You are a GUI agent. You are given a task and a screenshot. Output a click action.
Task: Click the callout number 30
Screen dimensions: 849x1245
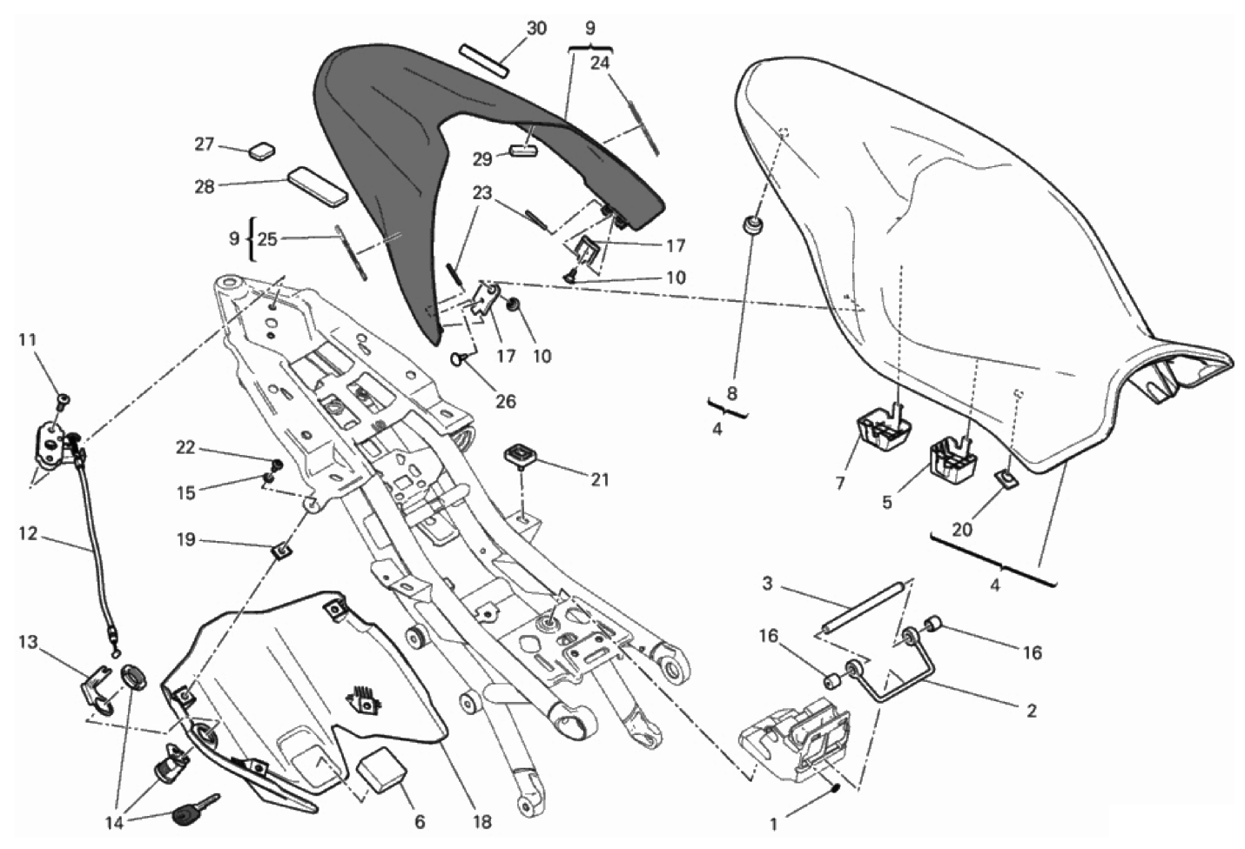[536, 29]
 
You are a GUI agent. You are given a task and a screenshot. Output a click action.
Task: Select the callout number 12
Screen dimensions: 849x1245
[28, 534]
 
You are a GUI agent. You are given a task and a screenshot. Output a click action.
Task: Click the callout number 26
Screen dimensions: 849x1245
[505, 401]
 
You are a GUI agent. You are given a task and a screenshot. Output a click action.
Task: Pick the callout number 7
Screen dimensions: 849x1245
[840, 483]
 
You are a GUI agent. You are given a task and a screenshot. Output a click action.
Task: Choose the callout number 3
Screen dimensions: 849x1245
[767, 584]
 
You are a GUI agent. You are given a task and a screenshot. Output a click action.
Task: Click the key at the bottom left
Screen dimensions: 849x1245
[193, 812]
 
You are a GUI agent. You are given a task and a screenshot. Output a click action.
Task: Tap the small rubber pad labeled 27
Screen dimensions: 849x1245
[259, 150]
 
